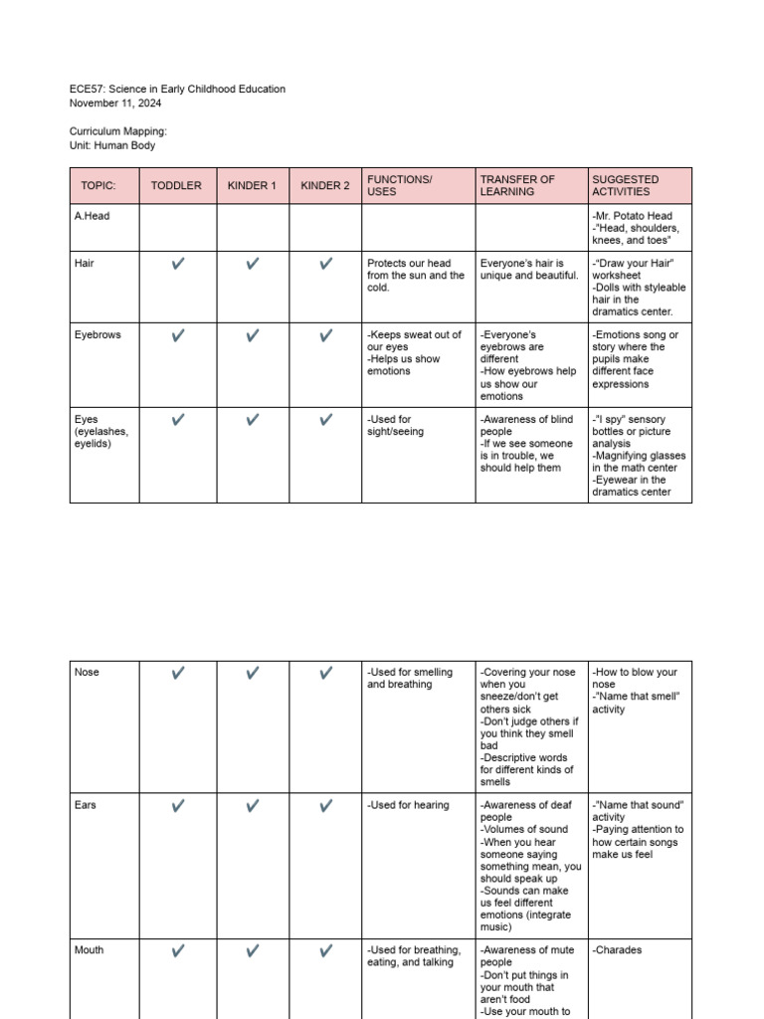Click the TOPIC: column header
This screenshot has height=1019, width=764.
coord(98,186)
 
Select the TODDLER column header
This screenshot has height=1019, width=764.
coord(176,186)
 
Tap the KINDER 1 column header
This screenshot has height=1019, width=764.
coord(252,186)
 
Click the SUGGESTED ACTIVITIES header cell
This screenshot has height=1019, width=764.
coord(621,186)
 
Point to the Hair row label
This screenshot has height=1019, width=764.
coord(85,264)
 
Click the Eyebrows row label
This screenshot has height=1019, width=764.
coord(97,335)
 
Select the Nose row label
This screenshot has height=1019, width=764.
coord(88,673)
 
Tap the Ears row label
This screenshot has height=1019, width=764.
coord(86,805)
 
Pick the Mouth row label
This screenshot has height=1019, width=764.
coord(90,950)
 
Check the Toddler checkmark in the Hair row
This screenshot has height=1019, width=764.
coord(178,264)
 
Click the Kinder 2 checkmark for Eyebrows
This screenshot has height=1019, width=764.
coord(325,336)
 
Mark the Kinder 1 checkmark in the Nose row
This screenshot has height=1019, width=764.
coord(253,674)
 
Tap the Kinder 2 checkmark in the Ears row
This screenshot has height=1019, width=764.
coord(325,806)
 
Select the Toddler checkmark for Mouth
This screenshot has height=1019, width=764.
coord(178,951)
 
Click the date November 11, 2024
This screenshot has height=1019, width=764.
coord(115,103)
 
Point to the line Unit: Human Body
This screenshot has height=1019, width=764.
coord(112,145)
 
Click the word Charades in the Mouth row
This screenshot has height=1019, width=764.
coord(619,950)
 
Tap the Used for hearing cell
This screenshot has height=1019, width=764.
coord(408,805)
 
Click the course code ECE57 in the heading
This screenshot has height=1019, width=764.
coord(87,90)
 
